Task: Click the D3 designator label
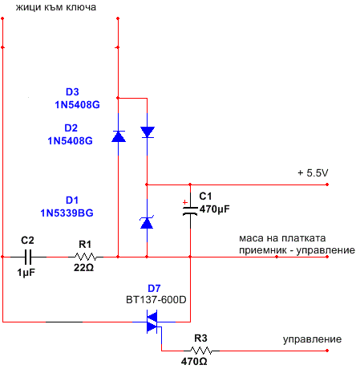72,91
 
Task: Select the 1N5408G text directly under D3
77,105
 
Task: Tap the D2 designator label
71,128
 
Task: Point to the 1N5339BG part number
67,213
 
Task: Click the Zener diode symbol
147,222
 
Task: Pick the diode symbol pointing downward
148,132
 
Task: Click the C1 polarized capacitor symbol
190,211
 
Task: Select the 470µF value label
215,209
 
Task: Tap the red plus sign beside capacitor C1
185,202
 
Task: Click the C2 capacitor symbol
28,257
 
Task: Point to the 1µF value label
26,273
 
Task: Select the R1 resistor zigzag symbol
86,257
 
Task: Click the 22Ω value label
83,267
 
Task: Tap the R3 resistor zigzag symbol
201,351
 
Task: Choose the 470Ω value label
194,362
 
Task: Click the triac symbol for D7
152,322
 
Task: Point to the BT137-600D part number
156,300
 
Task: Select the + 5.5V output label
313,173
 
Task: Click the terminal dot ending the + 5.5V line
327,184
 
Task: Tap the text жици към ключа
56,7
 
